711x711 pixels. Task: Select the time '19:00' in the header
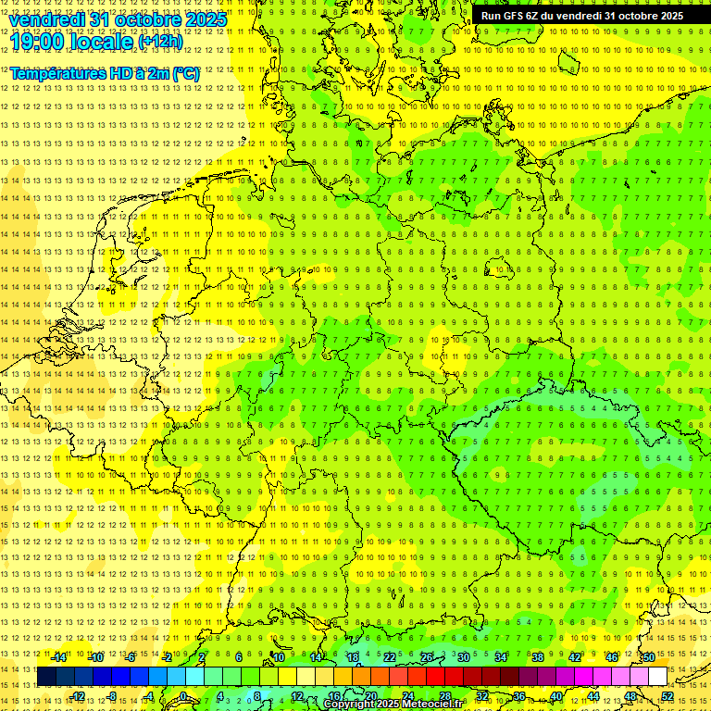(x=40, y=42)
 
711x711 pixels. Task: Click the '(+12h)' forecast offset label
(x=160, y=42)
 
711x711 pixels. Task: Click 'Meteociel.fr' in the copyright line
(x=433, y=705)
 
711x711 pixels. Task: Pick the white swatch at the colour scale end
(x=657, y=677)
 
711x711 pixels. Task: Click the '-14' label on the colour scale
(x=58, y=657)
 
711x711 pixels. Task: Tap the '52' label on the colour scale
(x=667, y=696)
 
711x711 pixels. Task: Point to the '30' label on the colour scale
(x=463, y=657)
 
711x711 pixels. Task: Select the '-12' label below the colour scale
(x=77, y=696)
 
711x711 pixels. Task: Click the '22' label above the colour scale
(x=390, y=657)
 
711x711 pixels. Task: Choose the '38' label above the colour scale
(x=537, y=657)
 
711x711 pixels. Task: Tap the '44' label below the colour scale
(x=593, y=696)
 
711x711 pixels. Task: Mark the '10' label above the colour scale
(x=278, y=657)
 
